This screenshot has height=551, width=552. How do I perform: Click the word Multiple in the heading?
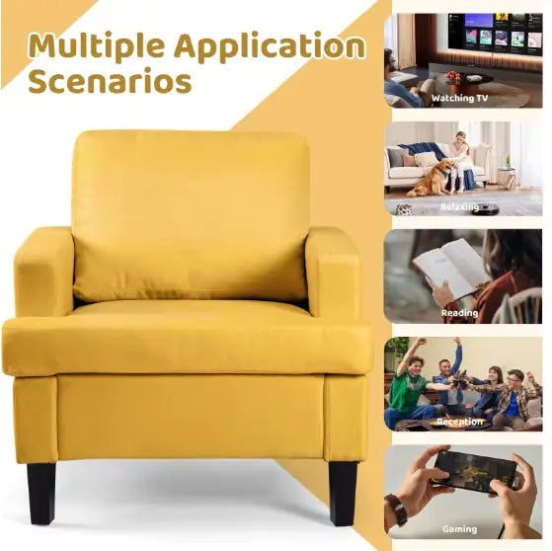[94, 45]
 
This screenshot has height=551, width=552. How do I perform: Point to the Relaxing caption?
[459, 207]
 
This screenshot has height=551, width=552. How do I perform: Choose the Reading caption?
[460, 313]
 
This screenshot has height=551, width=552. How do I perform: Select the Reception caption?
[460, 422]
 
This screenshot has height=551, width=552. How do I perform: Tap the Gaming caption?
[461, 529]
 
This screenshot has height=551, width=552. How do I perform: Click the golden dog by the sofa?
[433, 178]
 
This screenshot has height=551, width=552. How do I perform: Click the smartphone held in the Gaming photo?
[475, 471]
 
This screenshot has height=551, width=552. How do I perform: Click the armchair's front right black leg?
[342, 492]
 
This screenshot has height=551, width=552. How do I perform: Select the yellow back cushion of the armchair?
[191, 215]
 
